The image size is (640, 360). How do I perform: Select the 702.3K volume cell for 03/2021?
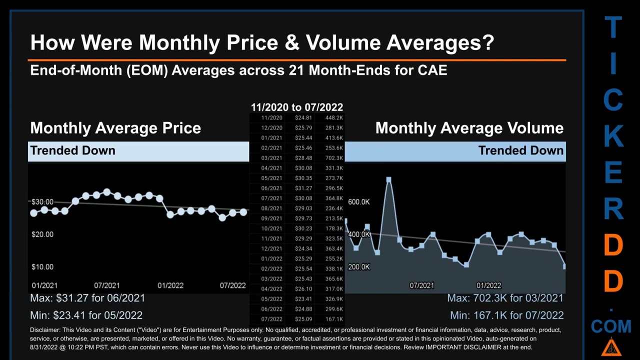pyautogui.click(x=333, y=158)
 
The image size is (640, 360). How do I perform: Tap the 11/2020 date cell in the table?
pyautogui.click(x=271, y=118)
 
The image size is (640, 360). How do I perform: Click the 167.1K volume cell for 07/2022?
pyautogui.click(x=333, y=319)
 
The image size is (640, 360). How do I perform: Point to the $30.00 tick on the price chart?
pyautogui.click(x=42, y=202)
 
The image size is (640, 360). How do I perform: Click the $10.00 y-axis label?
pyautogui.click(x=42, y=267)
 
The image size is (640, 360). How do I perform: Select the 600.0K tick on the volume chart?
pyautogui.click(x=358, y=202)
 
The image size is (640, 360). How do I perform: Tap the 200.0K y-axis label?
pyautogui.click(x=358, y=267)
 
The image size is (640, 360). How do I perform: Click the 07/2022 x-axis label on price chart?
pyautogui.click(x=232, y=285)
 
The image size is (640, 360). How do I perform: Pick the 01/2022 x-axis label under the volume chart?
pyautogui.click(x=488, y=285)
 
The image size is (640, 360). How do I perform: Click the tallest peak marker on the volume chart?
pyautogui.click(x=388, y=179)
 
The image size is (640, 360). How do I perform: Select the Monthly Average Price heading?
pyautogui.click(x=115, y=128)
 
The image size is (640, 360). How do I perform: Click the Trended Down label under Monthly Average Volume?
pyautogui.click(x=520, y=150)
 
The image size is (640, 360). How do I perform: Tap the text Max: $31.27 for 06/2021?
pyautogui.click(x=87, y=298)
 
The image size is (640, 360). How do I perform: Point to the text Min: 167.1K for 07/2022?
pyautogui.click(x=506, y=315)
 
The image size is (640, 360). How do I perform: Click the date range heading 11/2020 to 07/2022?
pyautogui.click(x=296, y=107)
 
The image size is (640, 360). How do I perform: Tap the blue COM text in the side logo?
pyautogui.click(x=611, y=327)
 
